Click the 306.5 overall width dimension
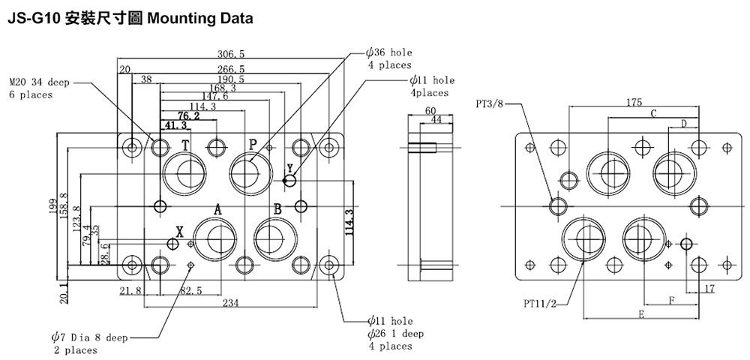coord(231,54)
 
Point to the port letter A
coord(217,209)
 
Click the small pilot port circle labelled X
coord(174,244)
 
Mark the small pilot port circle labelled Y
coord(290,181)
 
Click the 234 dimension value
coord(230,302)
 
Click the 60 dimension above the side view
coord(430,111)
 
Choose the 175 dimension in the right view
coord(634,102)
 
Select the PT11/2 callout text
coord(541,304)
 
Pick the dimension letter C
coord(653,113)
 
